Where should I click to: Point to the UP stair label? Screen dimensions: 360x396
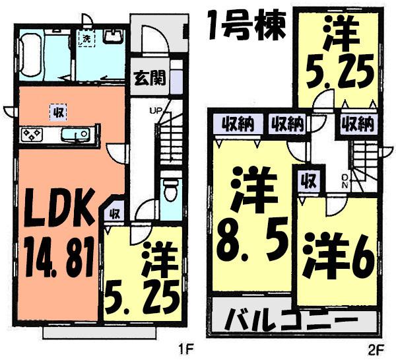tap(158, 110)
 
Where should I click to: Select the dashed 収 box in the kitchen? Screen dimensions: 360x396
tap(57, 112)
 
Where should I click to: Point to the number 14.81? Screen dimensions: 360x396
tap(55, 252)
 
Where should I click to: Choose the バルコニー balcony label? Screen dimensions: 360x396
tap(295, 322)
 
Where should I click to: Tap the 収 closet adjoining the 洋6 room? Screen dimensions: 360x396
tap(308, 179)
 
